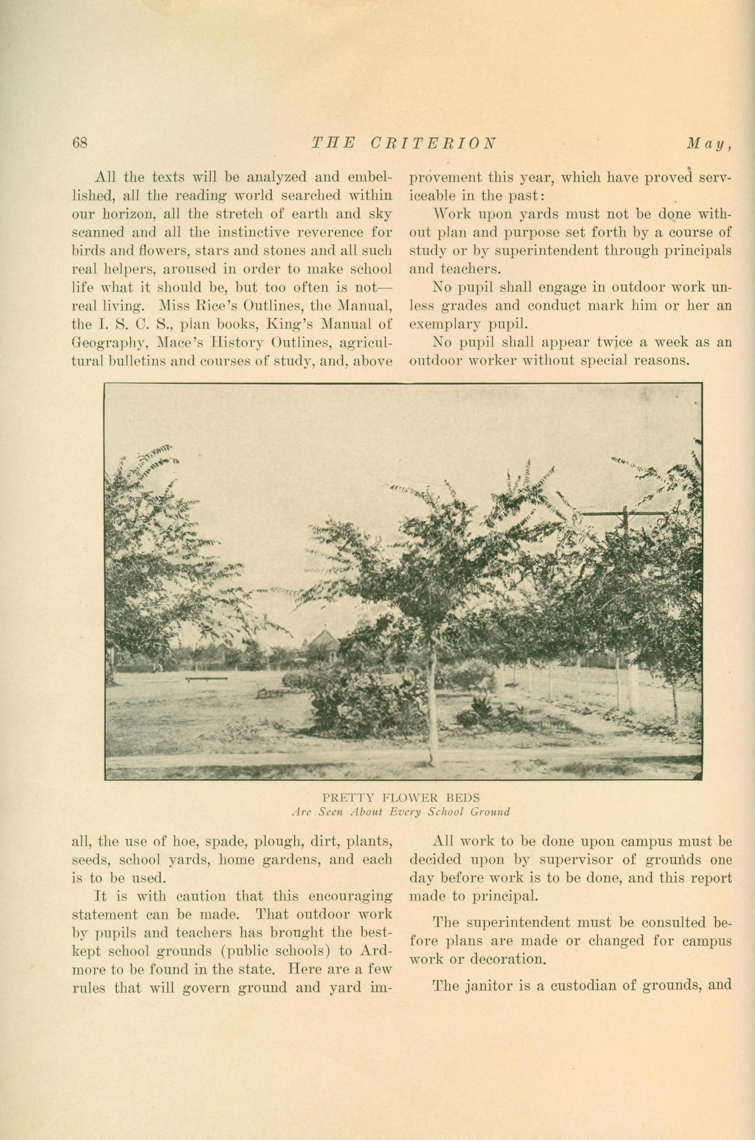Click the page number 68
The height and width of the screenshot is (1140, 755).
pos(79,143)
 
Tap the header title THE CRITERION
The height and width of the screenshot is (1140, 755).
pos(404,143)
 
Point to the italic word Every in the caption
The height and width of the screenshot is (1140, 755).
pos(405,812)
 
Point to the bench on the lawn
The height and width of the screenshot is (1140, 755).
pos(206,679)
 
